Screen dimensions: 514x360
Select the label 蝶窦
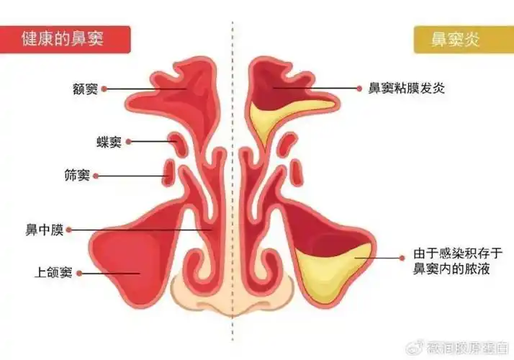[x=109, y=142]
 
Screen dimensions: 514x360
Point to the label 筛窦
[x=78, y=175]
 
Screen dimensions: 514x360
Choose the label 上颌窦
[x=53, y=273]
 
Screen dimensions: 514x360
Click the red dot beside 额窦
[x=104, y=89]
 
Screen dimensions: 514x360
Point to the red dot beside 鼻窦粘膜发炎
[x=360, y=88]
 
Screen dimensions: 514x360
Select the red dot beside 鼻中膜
[x=71, y=230]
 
